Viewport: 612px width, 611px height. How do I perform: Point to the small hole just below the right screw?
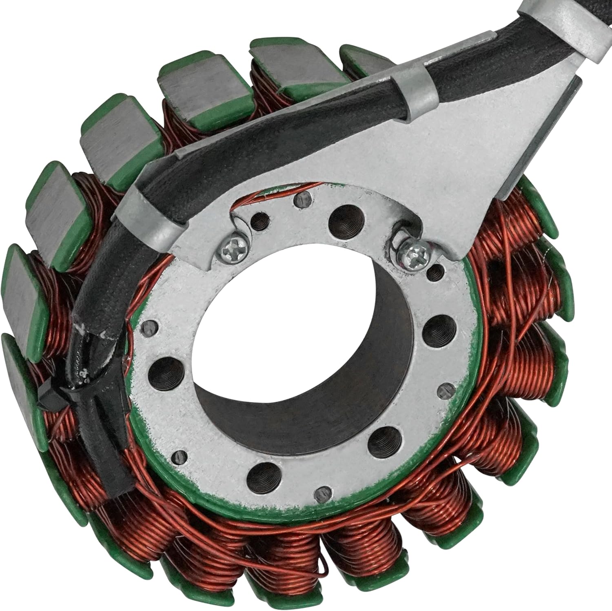[437, 270]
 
